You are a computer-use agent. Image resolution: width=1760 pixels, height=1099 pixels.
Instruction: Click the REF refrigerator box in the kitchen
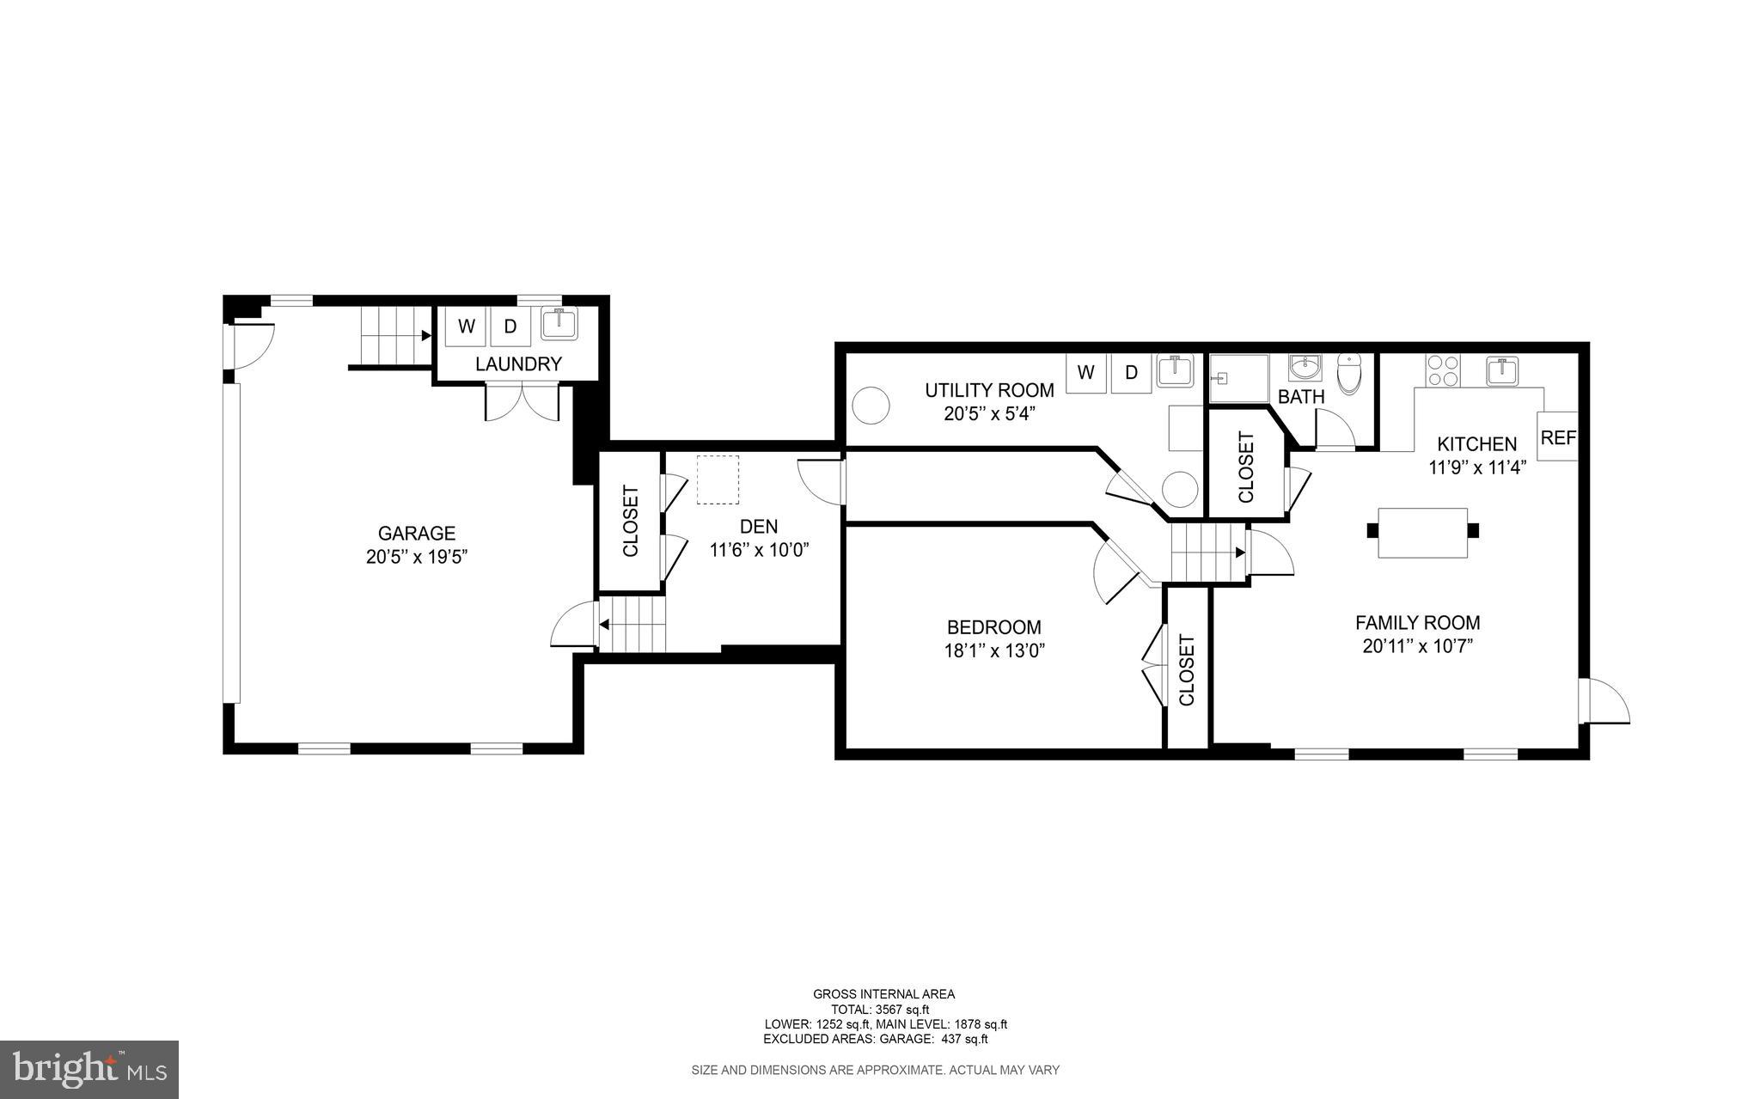point(1557,437)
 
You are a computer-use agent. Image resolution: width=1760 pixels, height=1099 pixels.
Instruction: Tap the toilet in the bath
point(1350,375)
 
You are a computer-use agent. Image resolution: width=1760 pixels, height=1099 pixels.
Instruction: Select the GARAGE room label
point(417,534)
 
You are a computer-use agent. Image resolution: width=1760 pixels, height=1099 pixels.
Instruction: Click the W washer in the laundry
point(467,327)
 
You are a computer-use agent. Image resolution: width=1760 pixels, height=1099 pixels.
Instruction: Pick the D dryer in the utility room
point(1131,373)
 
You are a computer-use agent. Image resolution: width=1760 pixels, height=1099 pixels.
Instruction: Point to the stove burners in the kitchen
point(1442,371)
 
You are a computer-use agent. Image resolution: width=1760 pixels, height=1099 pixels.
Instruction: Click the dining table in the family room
point(1422,533)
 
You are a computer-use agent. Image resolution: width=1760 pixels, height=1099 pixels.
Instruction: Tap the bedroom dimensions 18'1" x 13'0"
point(994,651)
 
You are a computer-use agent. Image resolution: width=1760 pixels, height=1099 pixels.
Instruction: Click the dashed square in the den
point(718,479)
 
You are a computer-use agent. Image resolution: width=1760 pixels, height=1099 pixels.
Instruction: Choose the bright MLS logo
point(89,1069)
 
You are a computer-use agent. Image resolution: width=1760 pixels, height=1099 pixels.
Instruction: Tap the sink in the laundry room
point(559,325)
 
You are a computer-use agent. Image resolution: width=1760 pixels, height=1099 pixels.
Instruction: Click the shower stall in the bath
point(1239,378)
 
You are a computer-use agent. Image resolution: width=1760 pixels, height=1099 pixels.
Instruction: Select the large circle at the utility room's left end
point(871,405)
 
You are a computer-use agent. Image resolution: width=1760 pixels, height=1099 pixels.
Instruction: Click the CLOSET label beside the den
point(630,522)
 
